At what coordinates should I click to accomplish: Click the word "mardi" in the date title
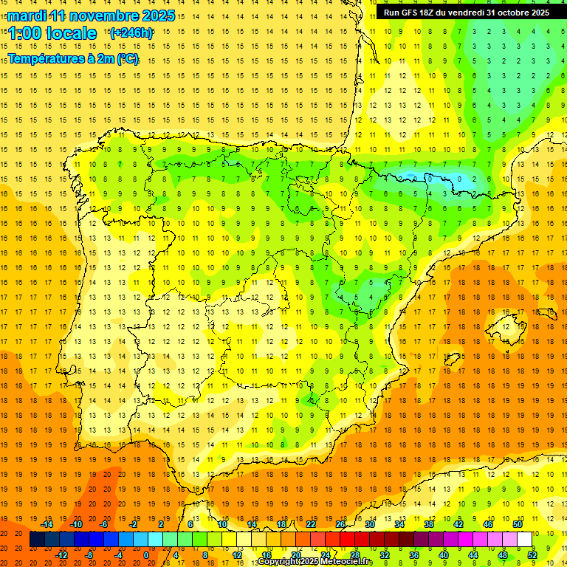coord(27,16)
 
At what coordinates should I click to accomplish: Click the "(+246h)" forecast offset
coord(131,32)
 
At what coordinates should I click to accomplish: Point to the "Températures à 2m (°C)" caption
coord(73,58)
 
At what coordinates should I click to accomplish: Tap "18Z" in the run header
coord(432,13)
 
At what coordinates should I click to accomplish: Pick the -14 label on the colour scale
coord(47,524)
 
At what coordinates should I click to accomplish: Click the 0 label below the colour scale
coord(145,555)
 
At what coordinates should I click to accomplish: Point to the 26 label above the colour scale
coord(340,524)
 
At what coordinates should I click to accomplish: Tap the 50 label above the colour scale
coord(518,524)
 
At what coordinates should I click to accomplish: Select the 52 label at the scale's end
coord(532,555)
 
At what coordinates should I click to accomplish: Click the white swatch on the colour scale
coord(525,540)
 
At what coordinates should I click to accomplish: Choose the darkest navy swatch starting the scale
coord(37,540)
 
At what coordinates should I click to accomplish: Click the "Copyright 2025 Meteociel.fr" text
coord(315,562)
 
